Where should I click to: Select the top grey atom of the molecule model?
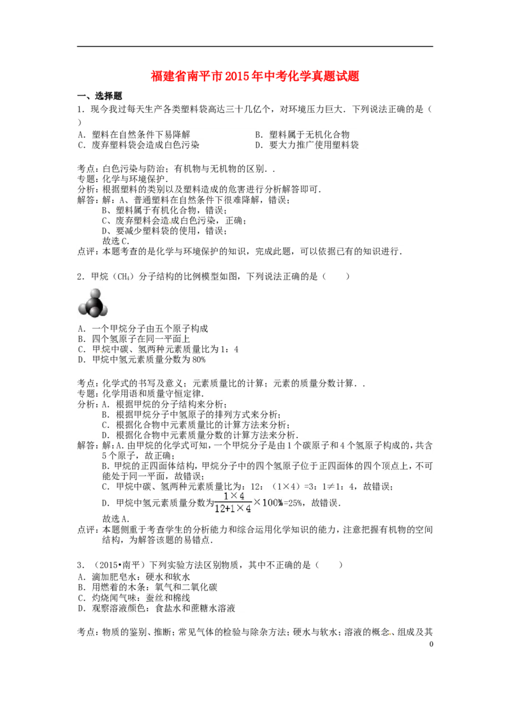tap(94, 295)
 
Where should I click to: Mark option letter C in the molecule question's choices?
tap(82, 349)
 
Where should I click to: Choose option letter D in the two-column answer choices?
tap(260, 145)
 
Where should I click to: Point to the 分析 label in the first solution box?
tap(85, 189)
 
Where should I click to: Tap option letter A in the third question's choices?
tap(82, 575)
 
